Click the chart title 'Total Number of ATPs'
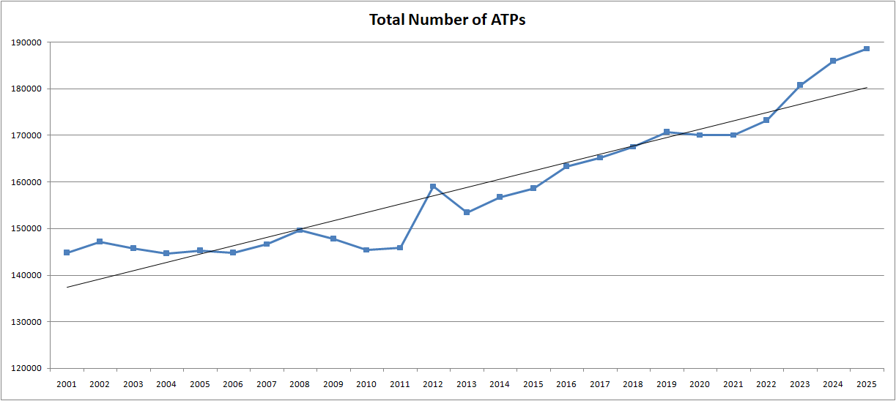coord(447,20)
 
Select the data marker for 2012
coord(433,187)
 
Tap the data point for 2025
coord(866,49)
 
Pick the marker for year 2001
coord(67,252)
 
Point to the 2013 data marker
coord(467,212)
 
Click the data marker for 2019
coord(666,132)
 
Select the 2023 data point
coord(800,85)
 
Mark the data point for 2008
coord(300,231)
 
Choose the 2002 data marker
coord(100,241)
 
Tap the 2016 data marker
coord(566,166)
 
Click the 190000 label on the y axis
coord(26,42)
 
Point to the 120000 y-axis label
coord(26,368)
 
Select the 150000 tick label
coord(26,228)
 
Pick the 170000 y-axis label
coord(26,135)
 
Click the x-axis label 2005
coord(200,384)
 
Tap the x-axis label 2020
coord(700,384)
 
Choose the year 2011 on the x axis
coord(400,384)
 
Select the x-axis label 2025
coord(866,384)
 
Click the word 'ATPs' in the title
coord(506,20)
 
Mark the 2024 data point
coord(833,61)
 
